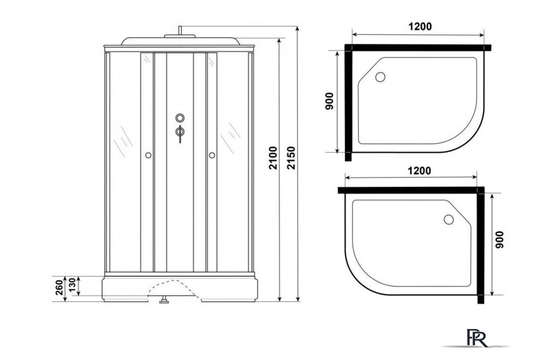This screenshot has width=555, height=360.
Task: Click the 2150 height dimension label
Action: pos(291,157)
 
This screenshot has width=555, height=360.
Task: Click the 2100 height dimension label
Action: pos(273,157)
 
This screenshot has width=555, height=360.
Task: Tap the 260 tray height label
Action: pos(59,287)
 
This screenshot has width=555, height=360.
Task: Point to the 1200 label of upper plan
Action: pos(420,26)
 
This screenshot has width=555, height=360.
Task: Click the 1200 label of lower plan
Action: pos(420,170)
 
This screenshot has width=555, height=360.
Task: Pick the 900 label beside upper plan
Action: pos(330,101)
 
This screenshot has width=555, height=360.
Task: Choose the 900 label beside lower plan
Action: pos(499,240)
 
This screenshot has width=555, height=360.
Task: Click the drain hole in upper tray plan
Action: pos(380,77)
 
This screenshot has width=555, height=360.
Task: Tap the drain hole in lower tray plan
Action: pos(449,219)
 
